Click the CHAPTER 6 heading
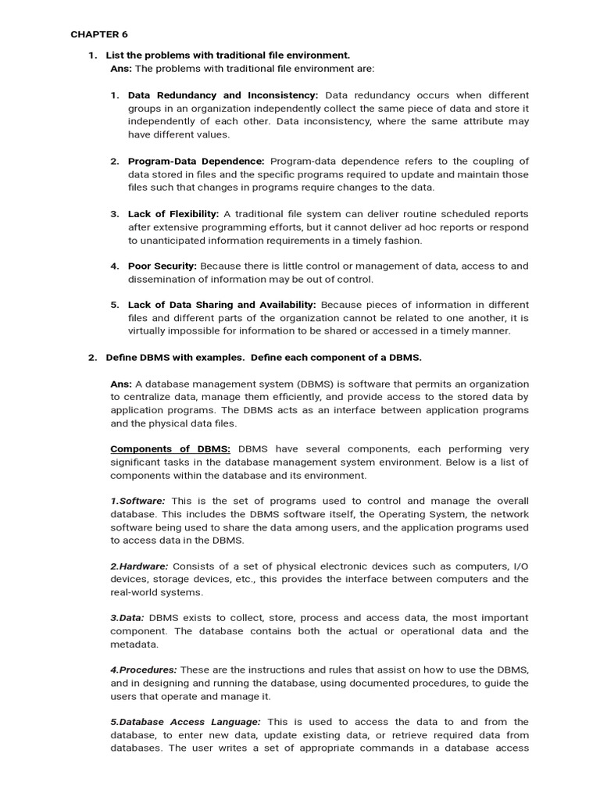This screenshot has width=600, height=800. (99, 34)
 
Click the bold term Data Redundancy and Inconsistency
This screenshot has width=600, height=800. (223, 95)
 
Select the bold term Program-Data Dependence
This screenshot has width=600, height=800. (196, 161)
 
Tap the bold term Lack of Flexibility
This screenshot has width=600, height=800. (173, 213)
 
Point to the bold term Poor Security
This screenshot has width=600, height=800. (162, 266)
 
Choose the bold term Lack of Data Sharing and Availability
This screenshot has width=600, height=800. (222, 305)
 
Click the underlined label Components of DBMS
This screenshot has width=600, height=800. (170, 448)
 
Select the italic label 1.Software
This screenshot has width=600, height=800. (137, 501)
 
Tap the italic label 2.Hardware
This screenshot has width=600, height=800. (139, 566)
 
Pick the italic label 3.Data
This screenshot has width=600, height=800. (127, 617)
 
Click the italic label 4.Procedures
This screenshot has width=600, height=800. (144, 670)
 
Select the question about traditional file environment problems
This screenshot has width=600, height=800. (228, 55)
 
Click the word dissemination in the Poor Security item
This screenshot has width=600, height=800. (162, 279)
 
